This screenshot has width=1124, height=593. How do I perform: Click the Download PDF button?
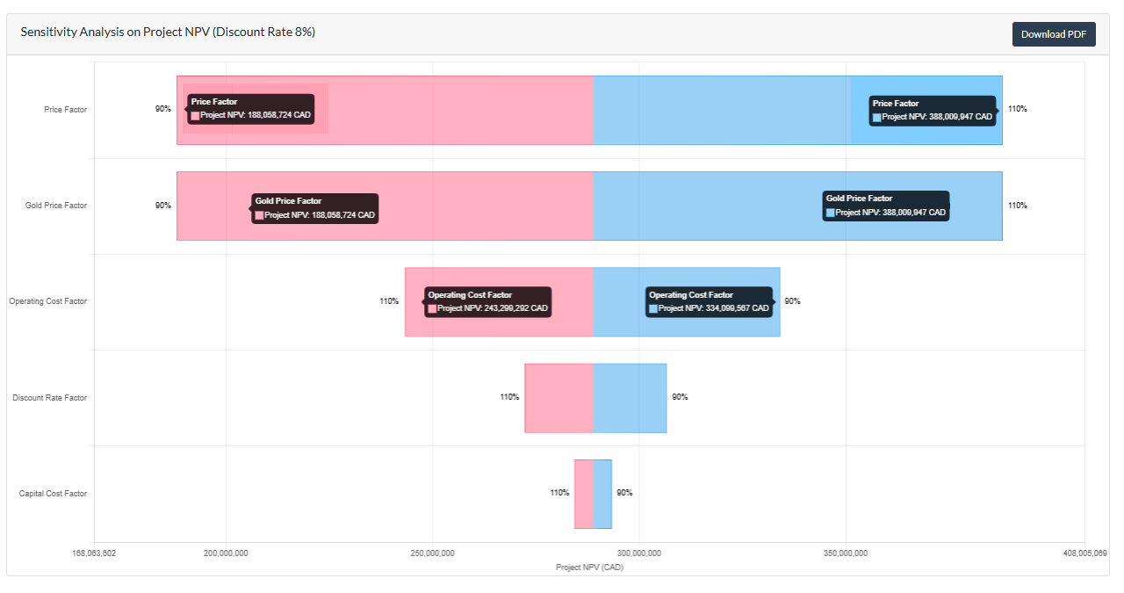tap(1054, 34)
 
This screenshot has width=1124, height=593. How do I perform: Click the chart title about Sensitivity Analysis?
tap(168, 33)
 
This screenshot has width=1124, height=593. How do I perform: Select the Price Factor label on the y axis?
tap(66, 110)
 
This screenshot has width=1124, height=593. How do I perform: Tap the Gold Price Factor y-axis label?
tap(56, 206)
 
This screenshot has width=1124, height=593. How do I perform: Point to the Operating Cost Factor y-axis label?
tap(48, 301)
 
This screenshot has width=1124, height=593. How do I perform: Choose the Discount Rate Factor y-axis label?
tap(50, 398)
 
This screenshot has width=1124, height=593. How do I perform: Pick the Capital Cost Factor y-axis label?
tap(54, 494)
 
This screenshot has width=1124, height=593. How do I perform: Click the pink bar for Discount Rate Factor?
tap(559, 398)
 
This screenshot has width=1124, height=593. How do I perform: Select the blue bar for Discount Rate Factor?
tap(630, 398)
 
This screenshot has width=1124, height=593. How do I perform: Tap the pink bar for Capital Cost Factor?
tap(584, 494)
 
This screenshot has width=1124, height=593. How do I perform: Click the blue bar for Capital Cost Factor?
tap(602, 494)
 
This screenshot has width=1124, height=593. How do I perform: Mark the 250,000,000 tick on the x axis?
tap(433, 553)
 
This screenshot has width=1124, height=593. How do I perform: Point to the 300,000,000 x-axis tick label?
tap(639, 553)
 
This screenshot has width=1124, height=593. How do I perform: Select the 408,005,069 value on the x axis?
tap(1084, 553)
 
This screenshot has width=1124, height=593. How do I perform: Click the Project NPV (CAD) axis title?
tap(590, 568)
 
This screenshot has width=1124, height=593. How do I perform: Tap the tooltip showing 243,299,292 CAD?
tap(488, 302)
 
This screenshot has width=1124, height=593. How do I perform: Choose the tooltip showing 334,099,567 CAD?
tap(710, 302)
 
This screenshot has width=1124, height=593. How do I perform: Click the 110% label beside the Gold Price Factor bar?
tap(1017, 206)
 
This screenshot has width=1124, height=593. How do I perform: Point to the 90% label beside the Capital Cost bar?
tap(624, 493)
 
